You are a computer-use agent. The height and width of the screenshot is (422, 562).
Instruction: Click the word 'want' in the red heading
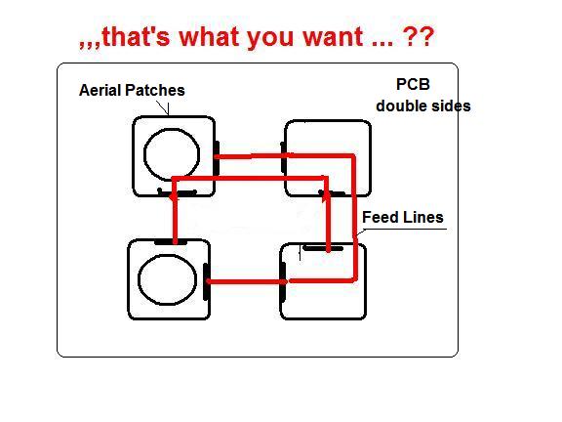point(334,36)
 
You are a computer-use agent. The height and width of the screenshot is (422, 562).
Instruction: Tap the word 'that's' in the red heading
point(136,36)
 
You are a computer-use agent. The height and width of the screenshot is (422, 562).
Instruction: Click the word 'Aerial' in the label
point(100,90)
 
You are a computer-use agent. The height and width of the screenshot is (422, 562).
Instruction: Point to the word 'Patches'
point(154,90)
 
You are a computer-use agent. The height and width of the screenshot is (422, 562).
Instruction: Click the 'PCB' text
point(413,85)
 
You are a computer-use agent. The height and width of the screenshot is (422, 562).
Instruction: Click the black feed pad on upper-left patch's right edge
point(217,158)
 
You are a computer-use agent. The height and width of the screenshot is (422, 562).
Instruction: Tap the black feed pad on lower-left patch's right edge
point(206,282)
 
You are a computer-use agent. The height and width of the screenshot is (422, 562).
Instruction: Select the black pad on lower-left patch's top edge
point(171,242)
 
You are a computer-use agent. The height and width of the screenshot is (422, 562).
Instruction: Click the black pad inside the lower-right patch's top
point(323,248)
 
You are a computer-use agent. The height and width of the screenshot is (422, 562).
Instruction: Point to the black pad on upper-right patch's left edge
point(283,157)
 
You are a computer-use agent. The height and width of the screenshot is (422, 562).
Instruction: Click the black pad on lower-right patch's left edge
point(283,281)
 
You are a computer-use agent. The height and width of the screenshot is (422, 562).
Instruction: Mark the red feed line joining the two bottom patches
point(247,281)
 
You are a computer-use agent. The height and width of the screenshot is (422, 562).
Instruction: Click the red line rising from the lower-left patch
point(175,218)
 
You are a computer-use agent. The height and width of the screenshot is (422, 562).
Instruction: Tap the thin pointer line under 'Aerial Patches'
point(163,107)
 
